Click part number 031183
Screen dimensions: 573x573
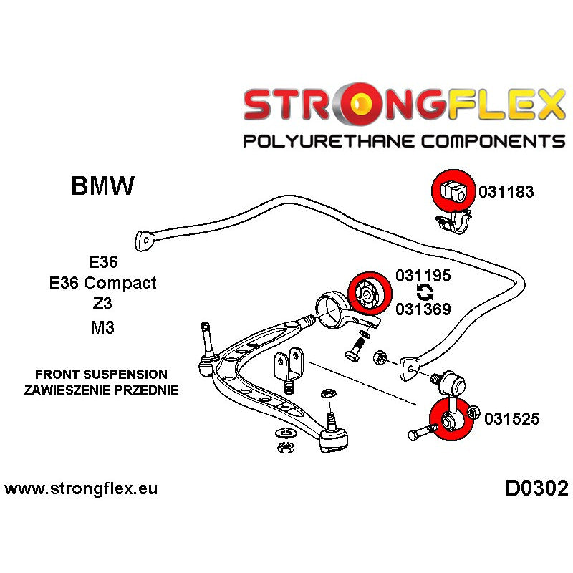(506, 192)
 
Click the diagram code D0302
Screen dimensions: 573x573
(536, 489)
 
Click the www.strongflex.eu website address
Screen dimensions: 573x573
(81, 490)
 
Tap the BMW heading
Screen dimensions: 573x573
(102, 187)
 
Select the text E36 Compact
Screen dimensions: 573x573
(102, 283)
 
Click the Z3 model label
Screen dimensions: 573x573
(102, 304)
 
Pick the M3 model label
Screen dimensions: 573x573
(102, 327)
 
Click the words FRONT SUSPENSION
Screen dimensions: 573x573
(101, 375)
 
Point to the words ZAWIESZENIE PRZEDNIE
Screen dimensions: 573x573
(101, 390)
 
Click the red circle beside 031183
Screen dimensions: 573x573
(449, 191)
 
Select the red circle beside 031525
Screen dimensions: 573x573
(449, 421)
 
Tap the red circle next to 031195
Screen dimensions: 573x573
(367, 294)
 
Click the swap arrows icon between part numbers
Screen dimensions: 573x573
(423, 292)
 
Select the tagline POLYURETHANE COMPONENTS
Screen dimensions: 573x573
(404, 141)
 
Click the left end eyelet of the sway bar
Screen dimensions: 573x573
(145, 241)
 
